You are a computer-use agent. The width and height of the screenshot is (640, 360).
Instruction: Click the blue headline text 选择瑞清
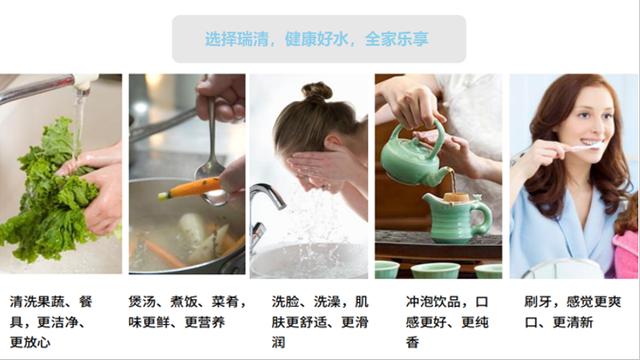pyautogui.click(x=236, y=39)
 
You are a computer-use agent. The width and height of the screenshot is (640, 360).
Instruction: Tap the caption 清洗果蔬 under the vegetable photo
pyautogui.click(x=37, y=302)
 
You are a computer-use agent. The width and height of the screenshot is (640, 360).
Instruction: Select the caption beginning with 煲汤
pyautogui.click(x=187, y=312)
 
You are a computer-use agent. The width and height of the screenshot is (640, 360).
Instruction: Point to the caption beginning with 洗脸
pyautogui.click(x=320, y=322)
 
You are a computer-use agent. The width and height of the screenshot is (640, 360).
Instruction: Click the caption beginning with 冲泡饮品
pyautogui.click(x=447, y=322)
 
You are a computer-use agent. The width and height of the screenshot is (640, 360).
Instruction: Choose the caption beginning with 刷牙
pyautogui.click(x=573, y=312)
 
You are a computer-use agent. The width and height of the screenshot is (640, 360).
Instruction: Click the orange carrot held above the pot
pyautogui.click(x=190, y=188)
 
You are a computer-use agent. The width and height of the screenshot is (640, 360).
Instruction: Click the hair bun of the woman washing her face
pyautogui.click(x=317, y=92)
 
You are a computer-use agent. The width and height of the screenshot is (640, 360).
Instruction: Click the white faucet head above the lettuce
pyautogui.click(x=84, y=82)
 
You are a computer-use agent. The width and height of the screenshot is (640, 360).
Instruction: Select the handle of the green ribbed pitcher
pyautogui.click(x=486, y=218)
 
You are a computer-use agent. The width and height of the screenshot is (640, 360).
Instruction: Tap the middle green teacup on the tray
pyautogui.click(x=436, y=271)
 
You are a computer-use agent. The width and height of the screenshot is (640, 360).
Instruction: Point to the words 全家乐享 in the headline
pyautogui.click(x=397, y=39)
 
